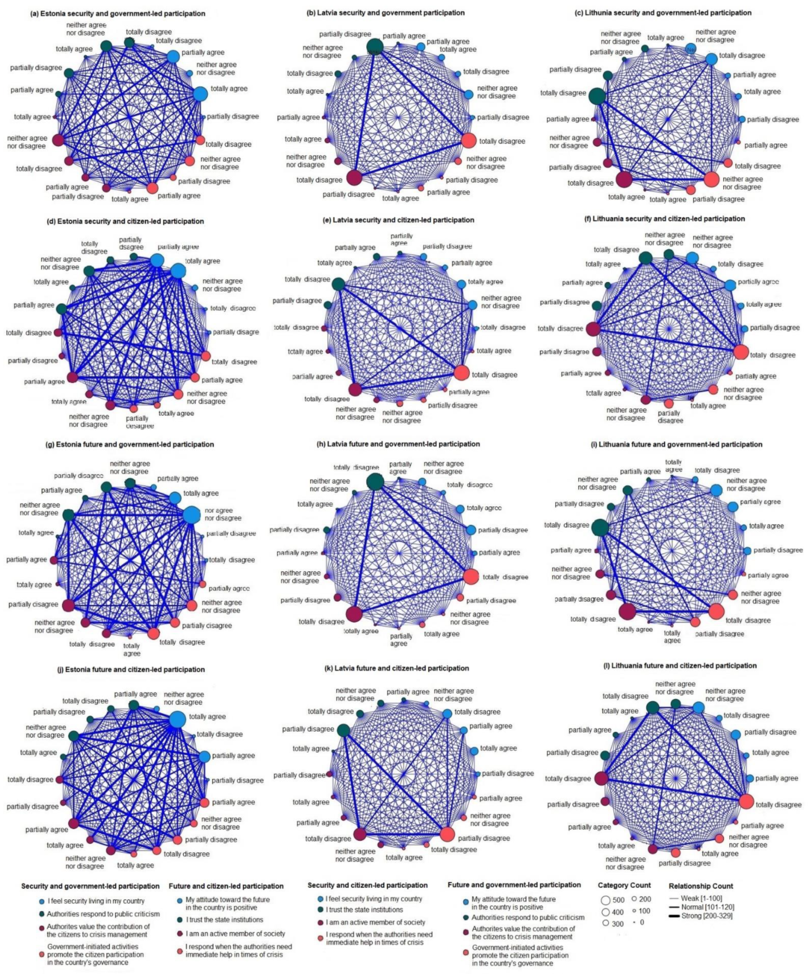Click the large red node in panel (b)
pos(469,140)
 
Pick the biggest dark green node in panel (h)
pos(375,482)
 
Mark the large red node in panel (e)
pos(461,372)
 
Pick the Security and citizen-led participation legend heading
pos(367,885)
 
